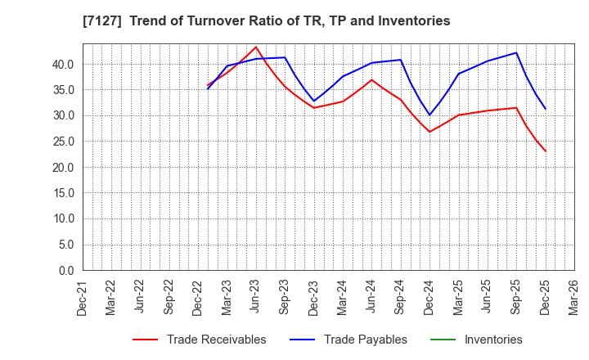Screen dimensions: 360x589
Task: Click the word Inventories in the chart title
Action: [412, 21]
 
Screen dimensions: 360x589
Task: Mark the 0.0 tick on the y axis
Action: [65, 270]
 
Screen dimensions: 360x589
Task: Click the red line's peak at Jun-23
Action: [256, 47]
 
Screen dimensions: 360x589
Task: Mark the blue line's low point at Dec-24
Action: [429, 115]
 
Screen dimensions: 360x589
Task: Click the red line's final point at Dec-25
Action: [545, 151]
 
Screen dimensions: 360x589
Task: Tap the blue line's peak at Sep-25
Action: [516, 52]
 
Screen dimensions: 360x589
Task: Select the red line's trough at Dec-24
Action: [429, 132]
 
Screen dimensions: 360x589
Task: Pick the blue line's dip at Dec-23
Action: [314, 101]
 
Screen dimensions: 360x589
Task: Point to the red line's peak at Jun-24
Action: [371, 79]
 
